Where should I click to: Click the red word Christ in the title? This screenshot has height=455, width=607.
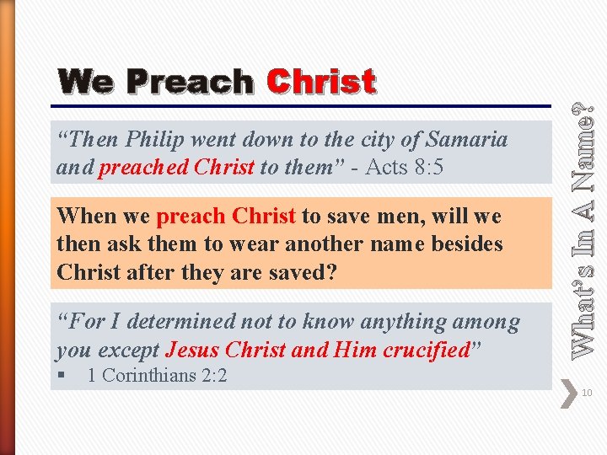(x=320, y=83)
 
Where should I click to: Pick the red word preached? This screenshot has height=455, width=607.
(x=143, y=167)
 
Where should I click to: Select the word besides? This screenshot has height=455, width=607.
(x=465, y=244)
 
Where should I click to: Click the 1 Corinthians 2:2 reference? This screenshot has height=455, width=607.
(x=157, y=375)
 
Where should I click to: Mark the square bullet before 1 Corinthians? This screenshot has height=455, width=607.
(x=63, y=375)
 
